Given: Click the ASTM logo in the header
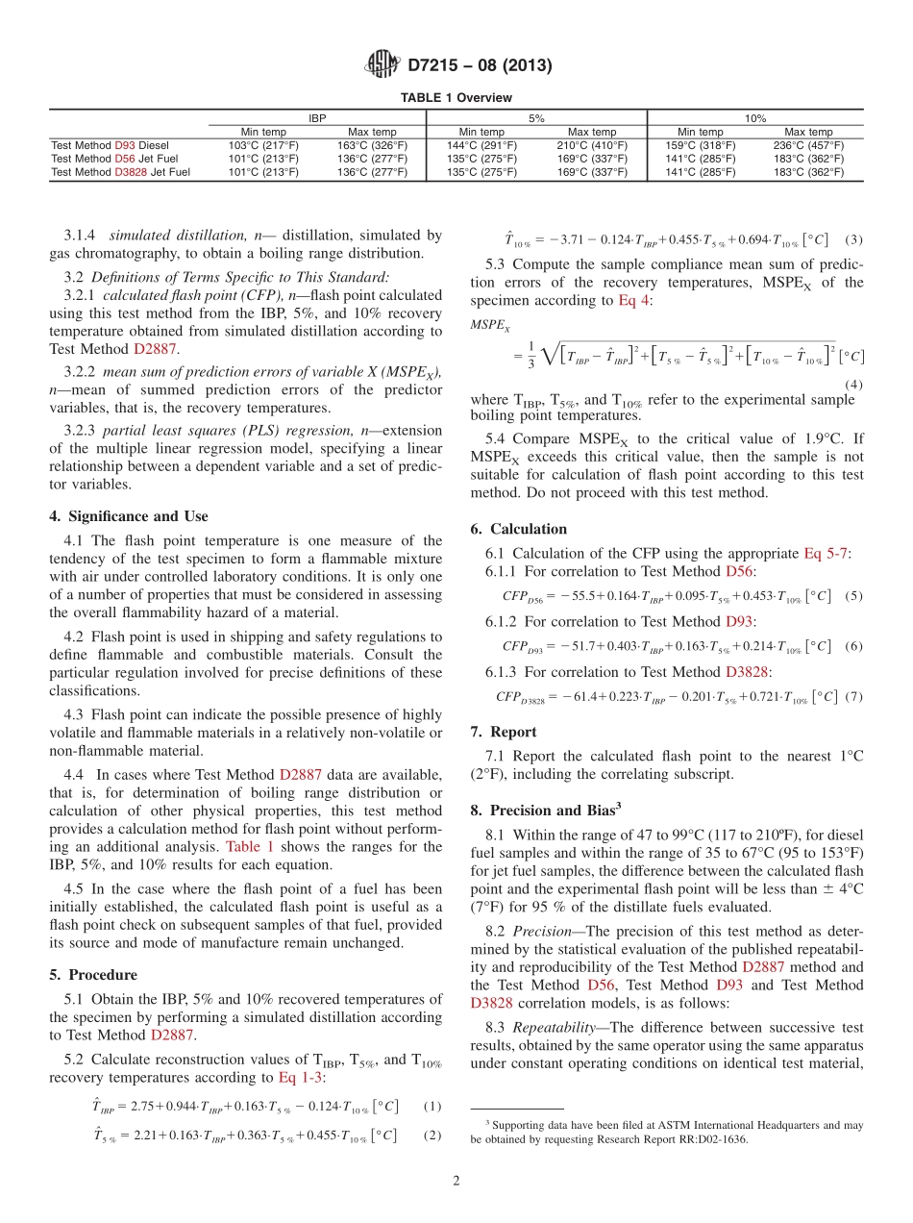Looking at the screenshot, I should [382, 65].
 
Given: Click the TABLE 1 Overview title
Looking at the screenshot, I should [456, 98].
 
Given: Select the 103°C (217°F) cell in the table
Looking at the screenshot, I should [262, 145].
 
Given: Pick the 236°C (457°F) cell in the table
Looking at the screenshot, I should [808, 145].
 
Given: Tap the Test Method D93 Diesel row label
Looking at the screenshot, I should [109, 145].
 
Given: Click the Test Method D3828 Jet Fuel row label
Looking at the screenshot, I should [120, 172].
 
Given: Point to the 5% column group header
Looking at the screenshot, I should [536, 118].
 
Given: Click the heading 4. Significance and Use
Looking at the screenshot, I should [128, 516].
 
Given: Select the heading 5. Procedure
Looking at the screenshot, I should [92, 975].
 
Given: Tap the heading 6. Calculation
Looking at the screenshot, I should [519, 529].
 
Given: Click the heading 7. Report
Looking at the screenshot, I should [504, 732].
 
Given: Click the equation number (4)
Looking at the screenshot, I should [852, 384].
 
